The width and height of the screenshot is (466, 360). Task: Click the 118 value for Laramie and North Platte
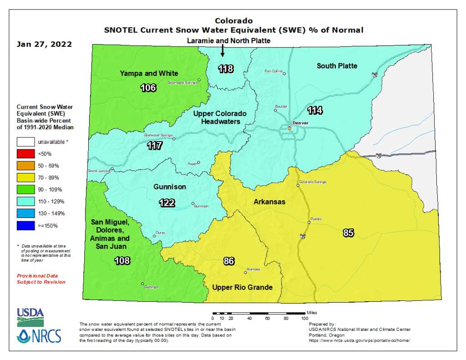click(226, 69)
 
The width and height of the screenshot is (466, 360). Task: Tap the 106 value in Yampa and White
click(148, 87)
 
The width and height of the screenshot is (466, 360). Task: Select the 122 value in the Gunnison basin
click(167, 203)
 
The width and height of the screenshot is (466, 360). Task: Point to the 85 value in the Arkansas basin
click(348, 233)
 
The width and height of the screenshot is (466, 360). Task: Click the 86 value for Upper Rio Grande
click(229, 261)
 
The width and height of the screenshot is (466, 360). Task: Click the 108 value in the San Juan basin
click(122, 261)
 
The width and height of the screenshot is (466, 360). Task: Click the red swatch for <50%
click(26, 154)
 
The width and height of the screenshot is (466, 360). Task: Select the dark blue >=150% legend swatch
click(26, 225)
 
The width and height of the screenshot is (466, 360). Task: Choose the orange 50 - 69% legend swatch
click(26, 166)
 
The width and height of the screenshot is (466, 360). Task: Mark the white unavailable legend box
click(26, 142)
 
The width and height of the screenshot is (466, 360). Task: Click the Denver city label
click(301, 123)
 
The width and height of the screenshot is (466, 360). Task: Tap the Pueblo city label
click(316, 219)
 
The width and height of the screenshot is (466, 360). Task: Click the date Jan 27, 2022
click(44, 45)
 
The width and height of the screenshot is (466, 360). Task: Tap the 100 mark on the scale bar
click(304, 319)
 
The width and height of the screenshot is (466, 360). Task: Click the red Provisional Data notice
click(41, 279)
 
